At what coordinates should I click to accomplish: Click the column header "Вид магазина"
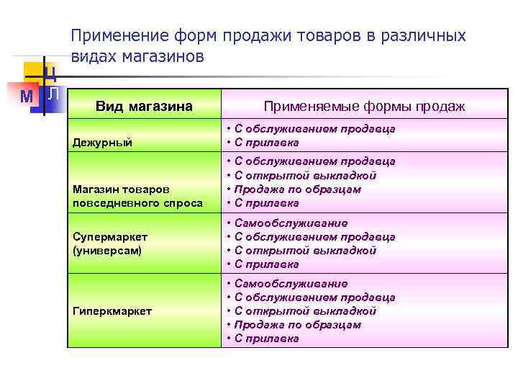144,107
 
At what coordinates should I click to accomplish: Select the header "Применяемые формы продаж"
364,107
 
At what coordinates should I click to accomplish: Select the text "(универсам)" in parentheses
107,251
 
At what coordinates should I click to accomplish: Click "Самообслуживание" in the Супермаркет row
291,223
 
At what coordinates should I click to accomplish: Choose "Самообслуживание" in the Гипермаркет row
291,284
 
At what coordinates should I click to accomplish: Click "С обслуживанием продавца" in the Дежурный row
314,129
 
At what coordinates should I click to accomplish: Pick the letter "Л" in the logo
53,94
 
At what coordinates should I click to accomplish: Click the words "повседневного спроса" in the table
138,203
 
